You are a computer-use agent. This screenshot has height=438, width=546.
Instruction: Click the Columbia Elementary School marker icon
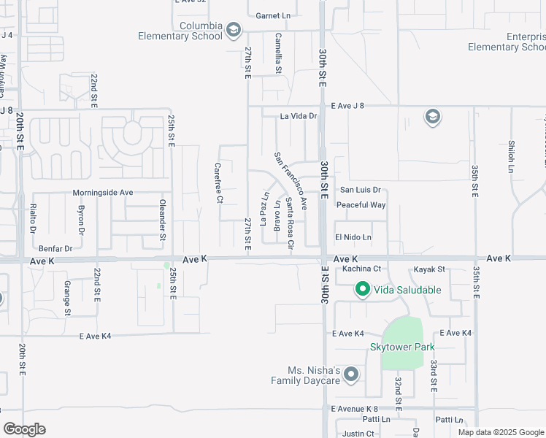(x=234, y=30)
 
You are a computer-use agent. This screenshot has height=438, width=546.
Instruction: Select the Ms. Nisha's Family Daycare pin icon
(x=351, y=375)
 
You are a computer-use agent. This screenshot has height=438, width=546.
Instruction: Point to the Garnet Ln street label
(x=273, y=15)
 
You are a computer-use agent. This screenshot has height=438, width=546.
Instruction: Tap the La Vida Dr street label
(x=299, y=115)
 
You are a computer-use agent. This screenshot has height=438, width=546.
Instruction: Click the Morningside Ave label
(x=103, y=193)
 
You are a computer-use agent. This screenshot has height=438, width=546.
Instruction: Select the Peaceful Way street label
(x=361, y=205)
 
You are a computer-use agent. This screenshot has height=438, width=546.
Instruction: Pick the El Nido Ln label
(x=353, y=237)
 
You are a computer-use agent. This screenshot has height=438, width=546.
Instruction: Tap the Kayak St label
(x=429, y=270)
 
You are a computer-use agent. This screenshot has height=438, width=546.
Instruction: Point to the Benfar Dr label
(x=56, y=248)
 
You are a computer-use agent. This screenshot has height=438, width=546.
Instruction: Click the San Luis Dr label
(x=361, y=189)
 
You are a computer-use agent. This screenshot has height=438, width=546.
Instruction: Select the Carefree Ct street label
(x=218, y=182)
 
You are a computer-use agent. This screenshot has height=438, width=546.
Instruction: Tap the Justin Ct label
(x=358, y=434)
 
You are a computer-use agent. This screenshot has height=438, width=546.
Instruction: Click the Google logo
(x=24, y=429)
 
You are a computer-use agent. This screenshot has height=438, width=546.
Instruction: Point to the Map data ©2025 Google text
(x=500, y=432)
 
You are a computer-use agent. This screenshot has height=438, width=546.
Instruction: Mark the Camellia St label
(x=278, y=53)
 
